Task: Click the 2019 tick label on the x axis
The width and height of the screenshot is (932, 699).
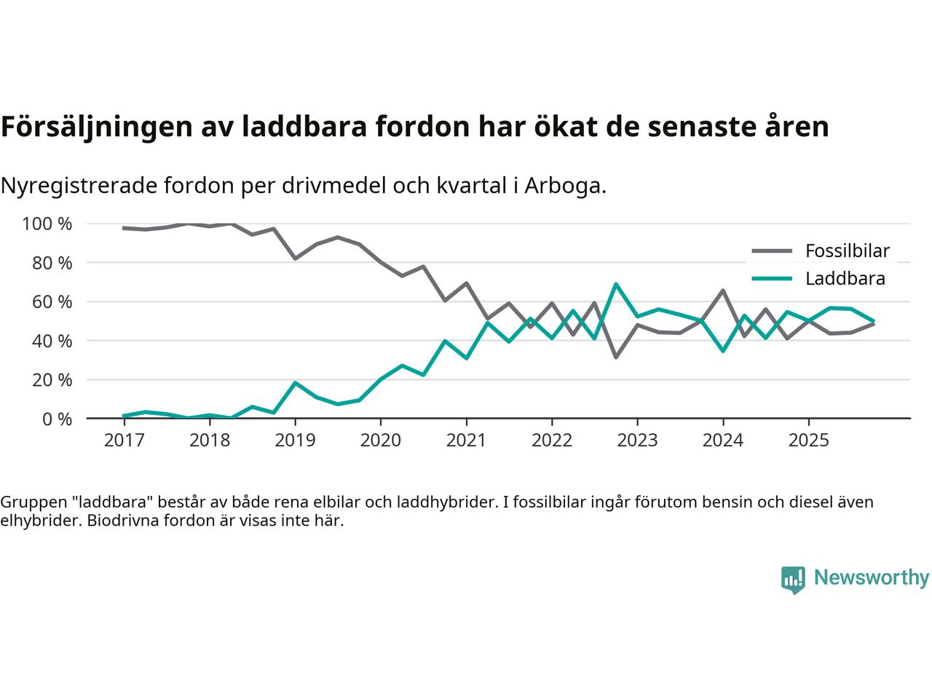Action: (295, 441)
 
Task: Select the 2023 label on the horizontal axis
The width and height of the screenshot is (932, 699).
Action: (637, 441)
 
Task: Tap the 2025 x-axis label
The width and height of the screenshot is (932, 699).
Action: (808, 441)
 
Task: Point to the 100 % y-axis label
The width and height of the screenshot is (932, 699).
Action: (47, 224)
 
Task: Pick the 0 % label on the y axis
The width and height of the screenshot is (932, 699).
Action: (58, 419)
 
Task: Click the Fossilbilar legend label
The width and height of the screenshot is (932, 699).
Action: (848, 251)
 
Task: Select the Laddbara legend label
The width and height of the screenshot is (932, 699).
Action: (845, 278)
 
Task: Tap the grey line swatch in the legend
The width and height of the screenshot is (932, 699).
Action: (771, 251)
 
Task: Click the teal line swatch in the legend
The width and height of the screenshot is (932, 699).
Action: (771, 278)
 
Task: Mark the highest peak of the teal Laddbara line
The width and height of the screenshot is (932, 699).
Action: (616, 284)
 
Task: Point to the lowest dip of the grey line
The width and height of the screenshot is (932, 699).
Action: (616, 357)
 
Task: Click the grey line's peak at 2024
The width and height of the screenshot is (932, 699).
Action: (722, 291)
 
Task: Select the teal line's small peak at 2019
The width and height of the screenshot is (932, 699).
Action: (295, 382)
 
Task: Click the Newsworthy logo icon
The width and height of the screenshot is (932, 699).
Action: (793, 580)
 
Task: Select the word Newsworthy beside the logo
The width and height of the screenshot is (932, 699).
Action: (872, 578)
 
